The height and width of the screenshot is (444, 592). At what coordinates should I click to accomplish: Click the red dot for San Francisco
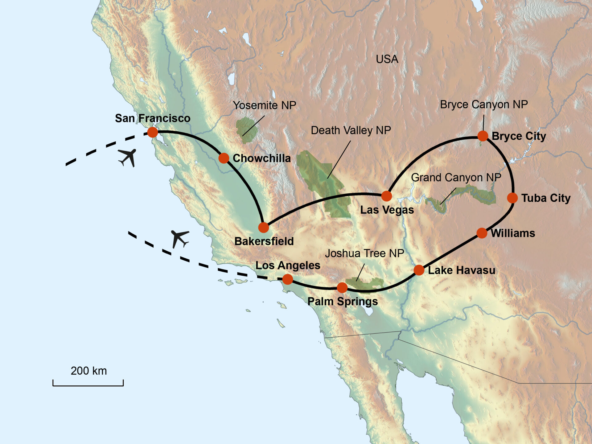pyautogui.click(x=153, y=132)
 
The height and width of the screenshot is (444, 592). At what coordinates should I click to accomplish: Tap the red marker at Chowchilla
pyautogui.click(x=224, y=158)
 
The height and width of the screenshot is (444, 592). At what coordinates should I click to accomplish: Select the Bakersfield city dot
pyautogui.click(x=264, y=228)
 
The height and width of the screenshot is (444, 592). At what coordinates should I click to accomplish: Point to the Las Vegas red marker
pyautogui.click(x=387, y=196)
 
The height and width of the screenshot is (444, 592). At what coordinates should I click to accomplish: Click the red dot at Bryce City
pyautogui.click(x=483, y=136)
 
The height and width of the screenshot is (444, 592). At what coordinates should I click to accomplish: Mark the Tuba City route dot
pyautogui.click(x=512, y=198)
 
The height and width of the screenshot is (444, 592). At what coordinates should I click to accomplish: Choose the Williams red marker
pyautogui.click(x=482, y=233)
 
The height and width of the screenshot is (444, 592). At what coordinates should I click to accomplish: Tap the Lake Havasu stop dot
pyautogui.click(x=419, y=270)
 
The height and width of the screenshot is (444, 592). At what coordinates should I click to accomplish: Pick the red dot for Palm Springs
pyautogui.click(x=342, y=288)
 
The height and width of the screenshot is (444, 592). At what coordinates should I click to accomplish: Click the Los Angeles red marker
pyautogui.click(x=288, y=279)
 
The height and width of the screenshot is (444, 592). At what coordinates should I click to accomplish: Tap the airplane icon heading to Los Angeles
pyautogui.click(x=179, y=238)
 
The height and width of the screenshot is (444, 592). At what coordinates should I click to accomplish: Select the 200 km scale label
pyautogui.click(x=89, y=371)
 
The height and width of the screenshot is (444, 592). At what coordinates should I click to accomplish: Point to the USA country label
pyautogui.click(x=387, y=59)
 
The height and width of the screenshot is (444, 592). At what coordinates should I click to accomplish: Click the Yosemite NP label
pyautogui.click(x=264, y=105)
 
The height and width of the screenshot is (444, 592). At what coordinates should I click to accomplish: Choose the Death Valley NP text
pyautogui.click(x=351, y=130)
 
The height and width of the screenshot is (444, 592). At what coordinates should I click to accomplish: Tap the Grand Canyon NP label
pyautogui.click(x=456, y=178)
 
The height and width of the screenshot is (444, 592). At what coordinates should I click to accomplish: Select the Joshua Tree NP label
pyautogui.click(x=364, y=253)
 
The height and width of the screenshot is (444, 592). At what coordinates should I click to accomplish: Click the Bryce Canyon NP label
pyautogui.click(x=484, y=105)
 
